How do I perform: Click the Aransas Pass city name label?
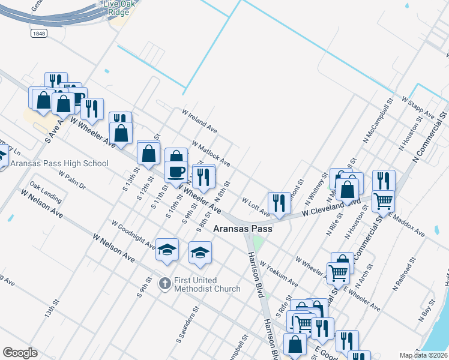243,229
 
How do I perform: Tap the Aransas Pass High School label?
59,164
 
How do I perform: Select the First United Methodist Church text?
207,284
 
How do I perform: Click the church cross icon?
166,283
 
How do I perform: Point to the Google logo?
20,353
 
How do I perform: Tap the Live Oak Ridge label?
121,7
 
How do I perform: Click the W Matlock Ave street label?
211,154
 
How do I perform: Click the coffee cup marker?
176,171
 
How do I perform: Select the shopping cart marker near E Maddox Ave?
383,200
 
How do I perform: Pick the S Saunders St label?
187,326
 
